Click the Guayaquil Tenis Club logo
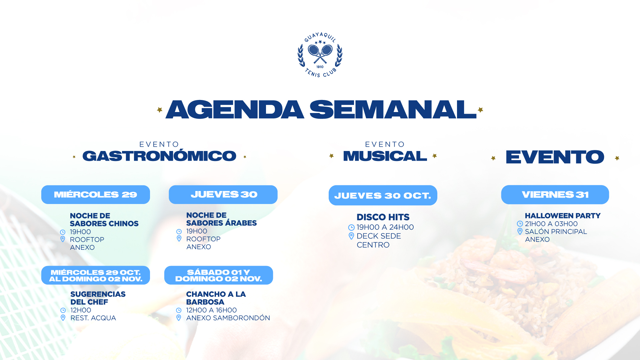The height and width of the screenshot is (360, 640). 320,55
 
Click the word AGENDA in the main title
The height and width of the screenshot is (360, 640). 235,110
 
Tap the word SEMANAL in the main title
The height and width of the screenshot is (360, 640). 393,110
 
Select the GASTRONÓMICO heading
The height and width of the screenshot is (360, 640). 159,156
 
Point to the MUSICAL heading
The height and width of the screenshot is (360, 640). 385,156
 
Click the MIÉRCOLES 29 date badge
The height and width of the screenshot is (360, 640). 96,195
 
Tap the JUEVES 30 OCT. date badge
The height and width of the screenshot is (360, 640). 383,195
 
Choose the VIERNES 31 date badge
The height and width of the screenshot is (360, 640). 555,195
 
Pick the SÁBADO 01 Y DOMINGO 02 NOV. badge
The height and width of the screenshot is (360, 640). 219,275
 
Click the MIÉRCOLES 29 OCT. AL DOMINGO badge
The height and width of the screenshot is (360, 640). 96,275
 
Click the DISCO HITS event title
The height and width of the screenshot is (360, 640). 383,217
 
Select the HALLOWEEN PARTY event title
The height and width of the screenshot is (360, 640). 563,216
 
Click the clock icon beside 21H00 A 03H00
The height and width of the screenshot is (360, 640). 520,224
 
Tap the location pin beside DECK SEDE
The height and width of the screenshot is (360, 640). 351,236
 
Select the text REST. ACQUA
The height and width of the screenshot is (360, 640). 93,318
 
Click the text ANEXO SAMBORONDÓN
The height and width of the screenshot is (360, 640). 228,318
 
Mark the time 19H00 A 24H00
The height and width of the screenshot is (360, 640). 385,227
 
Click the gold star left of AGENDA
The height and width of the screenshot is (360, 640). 160,110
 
